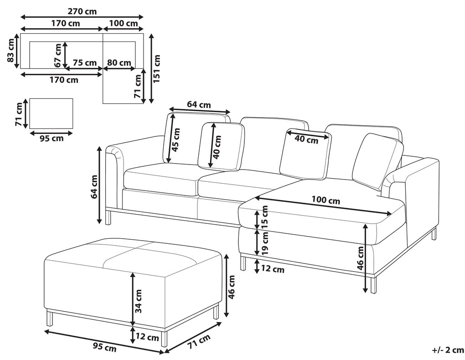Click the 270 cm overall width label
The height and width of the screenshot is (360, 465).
pos(82,11)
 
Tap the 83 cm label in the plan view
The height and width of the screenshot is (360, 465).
pos(10,51)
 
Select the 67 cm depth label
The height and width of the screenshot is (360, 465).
pos(57,55)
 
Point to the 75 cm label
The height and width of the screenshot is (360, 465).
pos(84,62)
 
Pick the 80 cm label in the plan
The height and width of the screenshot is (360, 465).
pos(119,62)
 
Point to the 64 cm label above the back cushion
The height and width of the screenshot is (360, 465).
pos(199,105)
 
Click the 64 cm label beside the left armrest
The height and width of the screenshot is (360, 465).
pos(94,187)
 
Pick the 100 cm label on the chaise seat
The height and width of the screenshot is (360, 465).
pos(325,200)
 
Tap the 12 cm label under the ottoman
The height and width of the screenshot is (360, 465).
pos(147,338)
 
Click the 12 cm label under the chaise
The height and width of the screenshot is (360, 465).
pos(272,269)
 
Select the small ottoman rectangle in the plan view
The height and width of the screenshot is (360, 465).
pos(51,113)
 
